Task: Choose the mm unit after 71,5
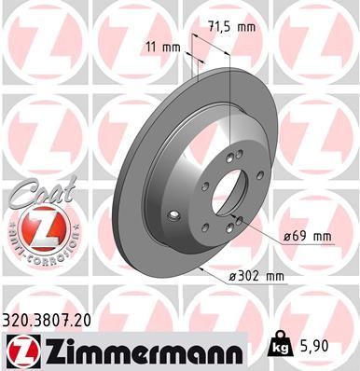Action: (246, 29)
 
